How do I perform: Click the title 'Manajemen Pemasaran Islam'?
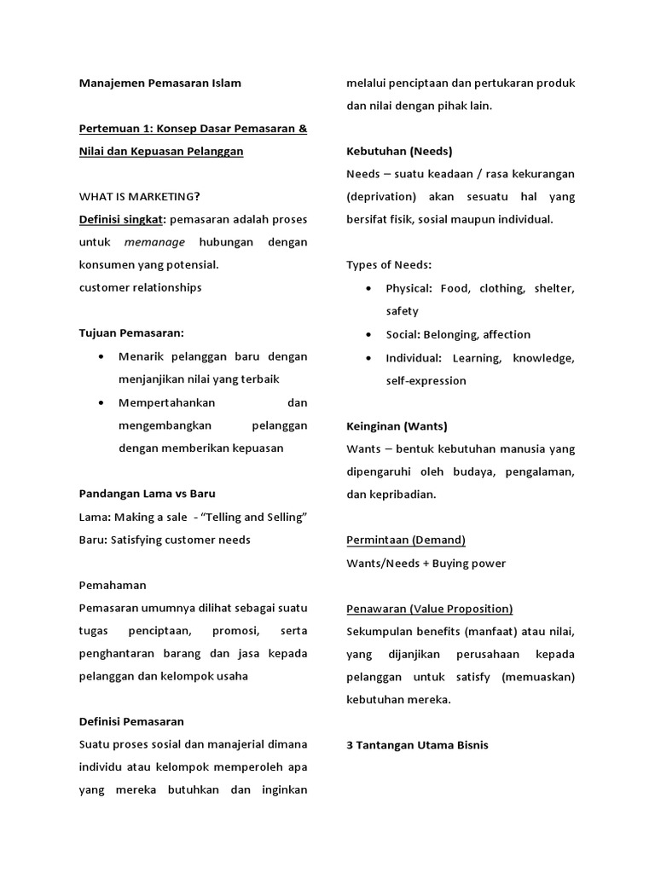[x=159, y=83]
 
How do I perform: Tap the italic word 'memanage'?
[x=159, y=242]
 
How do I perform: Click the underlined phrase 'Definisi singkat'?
[x=121, y=219]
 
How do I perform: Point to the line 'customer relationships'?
[x=140, y=287]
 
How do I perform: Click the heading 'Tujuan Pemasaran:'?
[x=131, y=332]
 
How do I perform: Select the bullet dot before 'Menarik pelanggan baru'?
[x=102, y=356]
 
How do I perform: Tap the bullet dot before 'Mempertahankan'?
[x=102, y=402]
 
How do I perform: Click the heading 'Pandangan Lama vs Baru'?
[x=147, y=494]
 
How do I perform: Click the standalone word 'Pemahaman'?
[x=113, y=585]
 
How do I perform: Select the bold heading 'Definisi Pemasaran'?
[x=131, y=721]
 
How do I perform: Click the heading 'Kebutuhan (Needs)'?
[x=399, y=151]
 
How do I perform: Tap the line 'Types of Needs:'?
[x=389, y=264]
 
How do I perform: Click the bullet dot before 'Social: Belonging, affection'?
[x=368, y=334]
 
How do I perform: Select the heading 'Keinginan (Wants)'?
[x=397, y=425]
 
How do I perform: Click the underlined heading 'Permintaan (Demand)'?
[x=406, y=540]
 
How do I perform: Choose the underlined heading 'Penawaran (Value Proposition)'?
[x=430, y=608]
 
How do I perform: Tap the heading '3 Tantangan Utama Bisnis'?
[x=417, y=744]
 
